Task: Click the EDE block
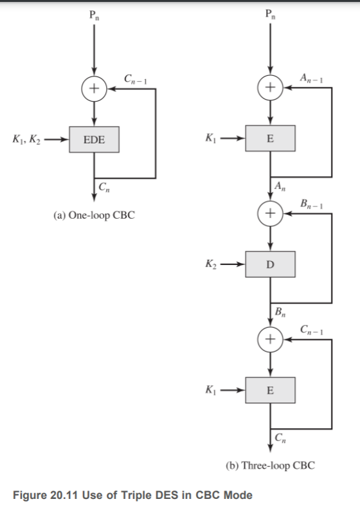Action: point(94,140)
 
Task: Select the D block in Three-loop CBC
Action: point(271,264)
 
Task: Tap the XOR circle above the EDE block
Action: point(94,89)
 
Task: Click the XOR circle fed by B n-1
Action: point(271,213)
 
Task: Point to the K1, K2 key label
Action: point(26,140)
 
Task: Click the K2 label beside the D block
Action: point(212,264)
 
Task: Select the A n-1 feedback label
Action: point(311,78)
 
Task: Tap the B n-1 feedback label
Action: point(312,204)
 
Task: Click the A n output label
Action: point(280,186)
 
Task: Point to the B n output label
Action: point(280,312)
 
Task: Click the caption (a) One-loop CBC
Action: point(94,215)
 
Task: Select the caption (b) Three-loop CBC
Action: point(271,465)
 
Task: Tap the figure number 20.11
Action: point(64,495)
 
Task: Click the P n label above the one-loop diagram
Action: point(94,15)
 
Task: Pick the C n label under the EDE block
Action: point(104,187)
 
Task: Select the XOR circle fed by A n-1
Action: point(271,87)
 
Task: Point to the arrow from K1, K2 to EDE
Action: point(57,140)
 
